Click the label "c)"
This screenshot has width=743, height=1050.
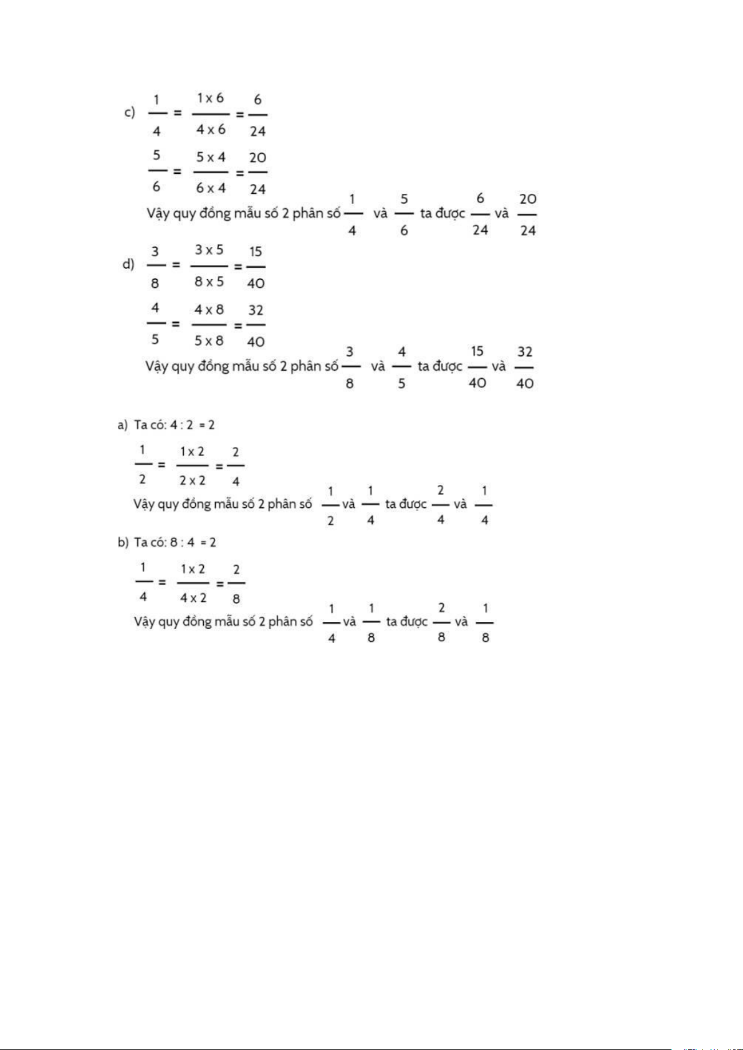(130, 113)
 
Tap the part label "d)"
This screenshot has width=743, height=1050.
(128, 264)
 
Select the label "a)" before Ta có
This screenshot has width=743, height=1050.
(122, 425)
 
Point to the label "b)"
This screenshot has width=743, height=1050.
(123, 543)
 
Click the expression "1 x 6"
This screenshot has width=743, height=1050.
(210, 98)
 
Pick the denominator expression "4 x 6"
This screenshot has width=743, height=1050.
(211, 130)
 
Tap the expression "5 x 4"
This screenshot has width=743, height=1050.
(211, 157)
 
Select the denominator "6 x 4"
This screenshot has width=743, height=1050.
(211, 188)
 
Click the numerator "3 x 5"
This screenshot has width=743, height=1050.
(209, 250)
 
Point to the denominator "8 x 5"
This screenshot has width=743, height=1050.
(209, 282)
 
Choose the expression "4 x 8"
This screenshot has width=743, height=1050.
(209, 310)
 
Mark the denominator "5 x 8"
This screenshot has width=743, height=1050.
(209, 341)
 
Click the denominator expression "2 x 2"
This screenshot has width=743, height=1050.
(192, 480)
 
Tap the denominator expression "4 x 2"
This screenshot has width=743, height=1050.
(193, 598)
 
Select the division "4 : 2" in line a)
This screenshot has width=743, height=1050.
(181, 425)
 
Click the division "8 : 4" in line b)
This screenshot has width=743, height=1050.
(182, 543)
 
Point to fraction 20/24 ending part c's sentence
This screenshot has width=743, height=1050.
(528, 214)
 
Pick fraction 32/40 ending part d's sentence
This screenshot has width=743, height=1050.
(525, 368)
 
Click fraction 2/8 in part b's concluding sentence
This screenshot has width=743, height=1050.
(441, 623)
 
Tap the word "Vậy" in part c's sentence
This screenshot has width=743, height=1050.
(158, 214)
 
